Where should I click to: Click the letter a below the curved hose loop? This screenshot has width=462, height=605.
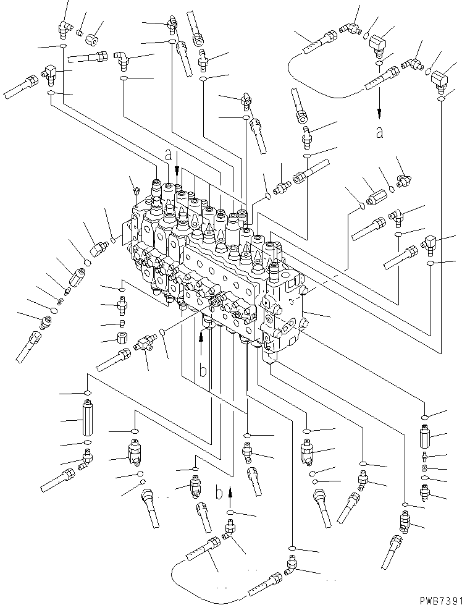pyautogui.click(x=379, y=132)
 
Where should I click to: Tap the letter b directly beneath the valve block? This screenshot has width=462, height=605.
pyautogui.click(x=201, y=371)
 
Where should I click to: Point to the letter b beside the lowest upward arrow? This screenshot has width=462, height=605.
pyautogui.click(x=219, y=493)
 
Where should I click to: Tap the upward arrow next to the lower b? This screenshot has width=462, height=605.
pyautogui.click(x=230, y=491)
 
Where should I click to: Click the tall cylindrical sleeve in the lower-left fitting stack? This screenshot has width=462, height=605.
pyautogui.click(x=86, y=420)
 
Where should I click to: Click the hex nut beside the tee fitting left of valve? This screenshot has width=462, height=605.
pyautogui.click(x=122, y=339)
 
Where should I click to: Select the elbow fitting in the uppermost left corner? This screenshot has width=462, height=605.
pyautogui.click(x=63, y=25)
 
